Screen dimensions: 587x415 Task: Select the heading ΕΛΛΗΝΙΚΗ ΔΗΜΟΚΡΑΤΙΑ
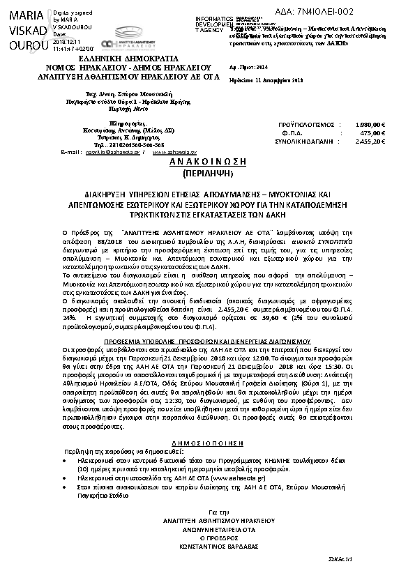pos(108,59)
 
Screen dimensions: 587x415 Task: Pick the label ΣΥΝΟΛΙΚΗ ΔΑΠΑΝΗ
pos(305,141)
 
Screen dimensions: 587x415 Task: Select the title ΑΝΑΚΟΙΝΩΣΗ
pos(207,160)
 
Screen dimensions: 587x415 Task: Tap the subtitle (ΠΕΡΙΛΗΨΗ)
pos(207,171)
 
